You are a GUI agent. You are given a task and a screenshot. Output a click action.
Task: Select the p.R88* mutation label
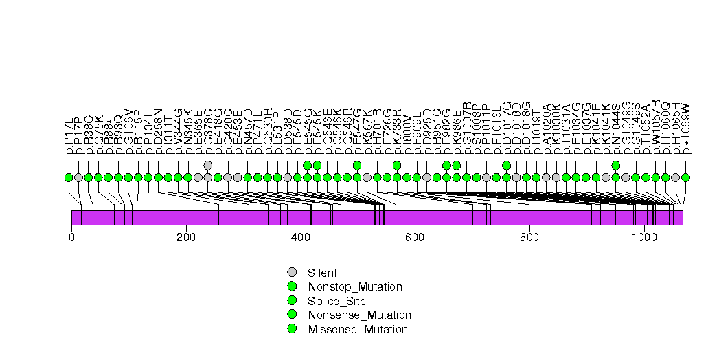click(x=109, y=137)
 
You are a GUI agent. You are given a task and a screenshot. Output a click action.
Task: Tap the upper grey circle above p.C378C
click(x=208, y=165)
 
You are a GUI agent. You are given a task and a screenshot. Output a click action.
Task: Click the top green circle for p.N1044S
click(x=616, y=165)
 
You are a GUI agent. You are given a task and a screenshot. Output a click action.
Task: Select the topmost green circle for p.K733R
click(x=397, y=165)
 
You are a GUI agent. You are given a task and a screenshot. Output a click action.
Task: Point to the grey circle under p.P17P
click(x=78, y=177)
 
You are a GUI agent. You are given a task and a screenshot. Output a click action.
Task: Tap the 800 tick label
click(x=529, y=238)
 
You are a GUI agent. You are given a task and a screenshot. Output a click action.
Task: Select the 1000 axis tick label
click(x=643, y=238)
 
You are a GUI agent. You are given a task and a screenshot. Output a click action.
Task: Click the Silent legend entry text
click(x=322, y=273)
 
